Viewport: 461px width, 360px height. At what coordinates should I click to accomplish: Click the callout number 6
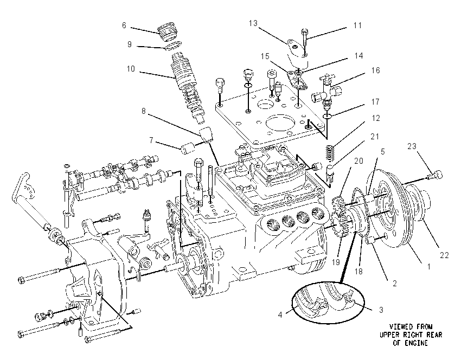(x=124, y=25)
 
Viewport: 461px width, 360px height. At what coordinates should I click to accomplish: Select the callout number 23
(x=412, y=146)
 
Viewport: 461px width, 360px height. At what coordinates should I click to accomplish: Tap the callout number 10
(x=131, y=69)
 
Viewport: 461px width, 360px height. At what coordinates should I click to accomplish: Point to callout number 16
(x=375, y=70)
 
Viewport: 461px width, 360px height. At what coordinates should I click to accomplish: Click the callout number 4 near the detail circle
(x=280, y=315)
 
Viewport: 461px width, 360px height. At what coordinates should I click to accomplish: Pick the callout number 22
(x=444, y=255)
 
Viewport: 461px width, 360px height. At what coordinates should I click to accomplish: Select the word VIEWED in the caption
(x=401, y=326)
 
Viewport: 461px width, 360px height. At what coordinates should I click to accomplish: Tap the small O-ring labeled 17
(x=327, y=116)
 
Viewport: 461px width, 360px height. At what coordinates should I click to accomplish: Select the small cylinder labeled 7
(x=188, y=148)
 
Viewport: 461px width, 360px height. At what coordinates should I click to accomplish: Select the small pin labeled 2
(x=370, y=242)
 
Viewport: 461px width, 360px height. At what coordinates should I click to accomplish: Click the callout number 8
(x=144, y=111)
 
